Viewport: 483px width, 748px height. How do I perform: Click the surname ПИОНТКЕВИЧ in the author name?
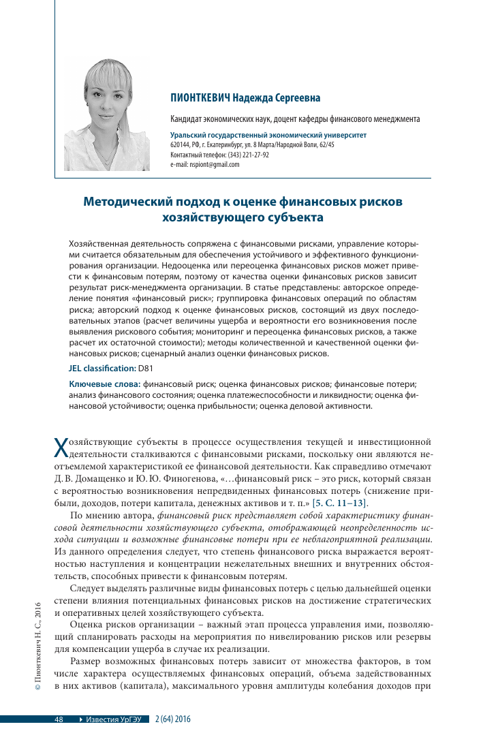coord(199,98)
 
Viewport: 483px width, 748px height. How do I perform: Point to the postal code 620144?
coord(179,145)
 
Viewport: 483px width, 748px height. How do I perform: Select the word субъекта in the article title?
coord(294,217)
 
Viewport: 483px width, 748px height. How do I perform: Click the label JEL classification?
coord(102,368)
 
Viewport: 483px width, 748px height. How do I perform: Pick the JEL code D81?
coord(146,368)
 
